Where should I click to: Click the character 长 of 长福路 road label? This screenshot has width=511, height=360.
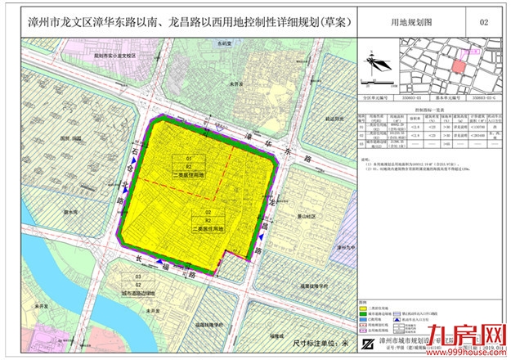pyautogui.click(x=141, y=258)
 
